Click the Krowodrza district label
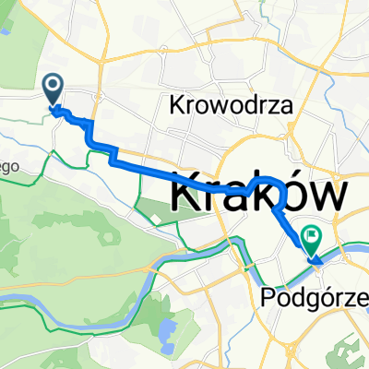coord(232,105)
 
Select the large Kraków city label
coord(260,194)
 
